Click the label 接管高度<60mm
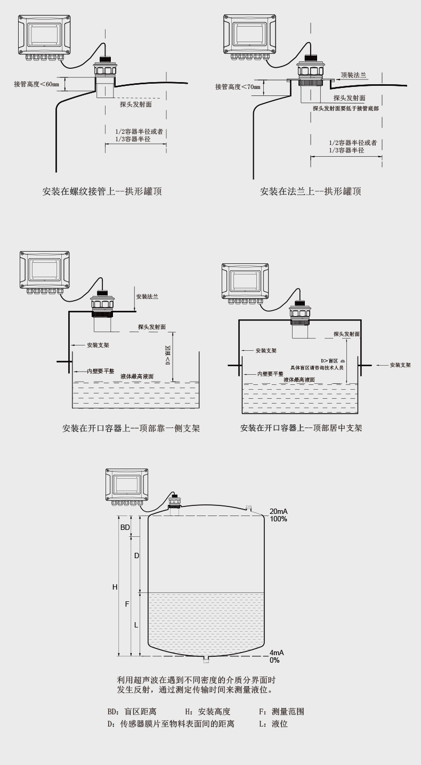36,84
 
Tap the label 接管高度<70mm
238,86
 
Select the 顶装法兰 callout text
353,75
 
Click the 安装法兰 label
147,296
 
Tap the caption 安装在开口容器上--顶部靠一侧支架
131,428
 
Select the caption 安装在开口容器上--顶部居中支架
301,428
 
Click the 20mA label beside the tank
278,511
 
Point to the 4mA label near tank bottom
277,653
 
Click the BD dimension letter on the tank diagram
125,527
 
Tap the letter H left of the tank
115,587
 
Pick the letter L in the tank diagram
136,625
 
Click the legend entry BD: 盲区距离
132,712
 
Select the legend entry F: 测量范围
281,712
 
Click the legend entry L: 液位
273,724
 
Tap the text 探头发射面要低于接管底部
346,108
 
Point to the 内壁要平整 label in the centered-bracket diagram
270,374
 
